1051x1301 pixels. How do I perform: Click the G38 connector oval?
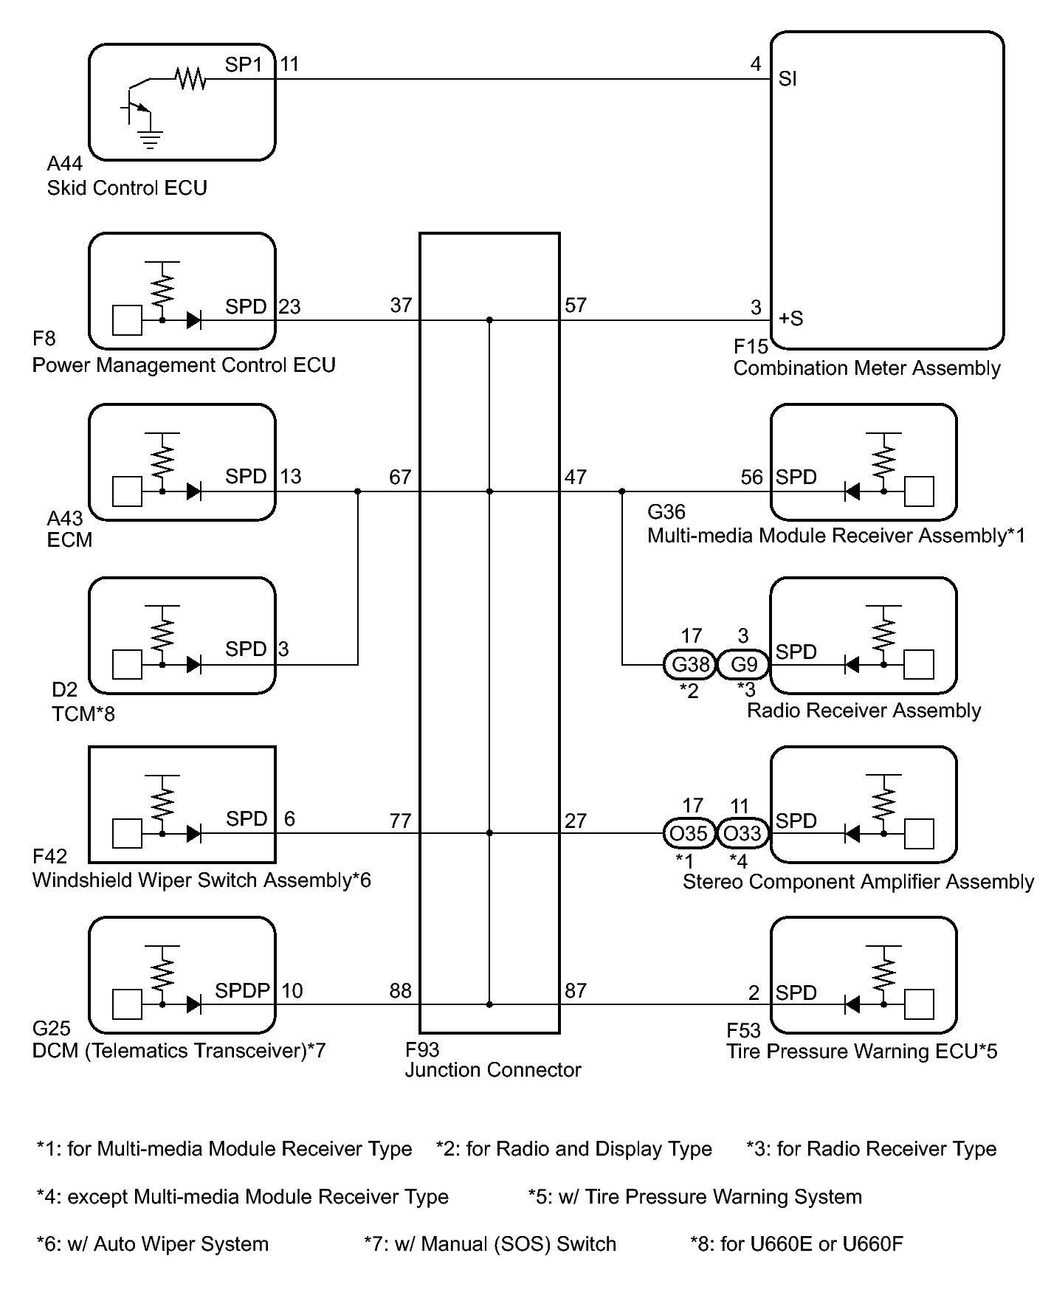pos(690,665)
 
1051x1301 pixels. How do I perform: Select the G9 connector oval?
pos(743,665)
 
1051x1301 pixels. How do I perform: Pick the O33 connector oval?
pos(743,834)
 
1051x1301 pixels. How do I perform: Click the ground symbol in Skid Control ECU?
pos(150,139)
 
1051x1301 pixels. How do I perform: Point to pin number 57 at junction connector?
pos(576,306)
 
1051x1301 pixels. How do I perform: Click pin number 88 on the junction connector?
pos(400,990)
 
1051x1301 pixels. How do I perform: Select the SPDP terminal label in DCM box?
pos(242,990)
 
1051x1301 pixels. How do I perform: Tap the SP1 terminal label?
pos(244,65)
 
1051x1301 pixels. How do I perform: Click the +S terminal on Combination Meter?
pos(791,319)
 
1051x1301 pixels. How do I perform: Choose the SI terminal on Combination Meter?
pos(788,79)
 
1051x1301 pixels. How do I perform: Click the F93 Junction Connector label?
pos(493,1060)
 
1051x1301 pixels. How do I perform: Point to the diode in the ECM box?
pos(193,491)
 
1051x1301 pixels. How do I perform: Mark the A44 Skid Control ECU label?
pos(127,176)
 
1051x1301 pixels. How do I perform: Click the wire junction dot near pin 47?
pos(621,491)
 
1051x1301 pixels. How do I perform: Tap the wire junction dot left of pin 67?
pos(358,491)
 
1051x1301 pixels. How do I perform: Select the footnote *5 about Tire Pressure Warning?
pos(695,1197)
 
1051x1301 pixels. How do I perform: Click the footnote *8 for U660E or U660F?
pos(796,1244)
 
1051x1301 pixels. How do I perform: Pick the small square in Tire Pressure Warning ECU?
pos(919,1004)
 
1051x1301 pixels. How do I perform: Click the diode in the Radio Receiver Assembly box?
pos(852,665)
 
